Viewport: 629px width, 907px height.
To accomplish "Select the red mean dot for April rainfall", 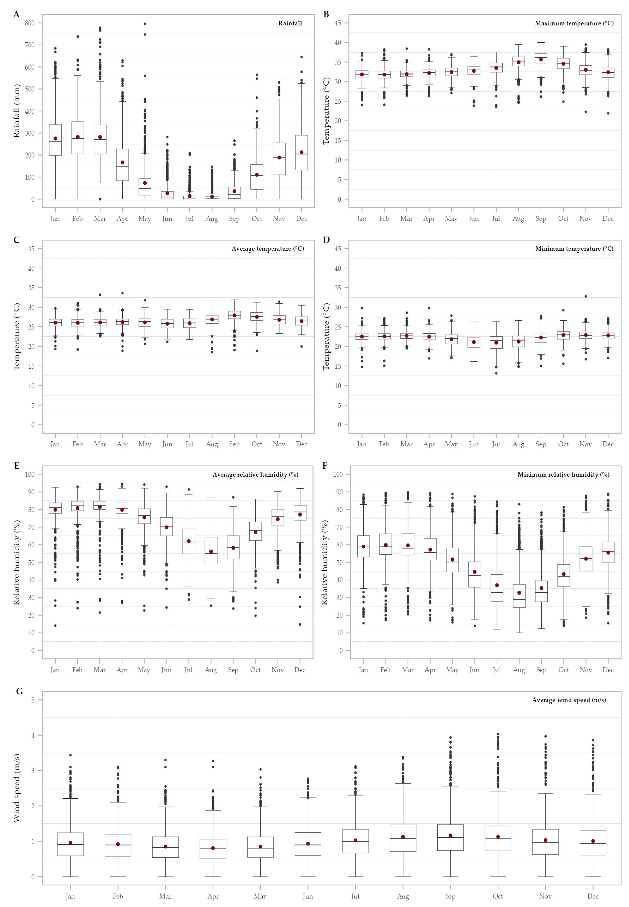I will (x=123, y=162).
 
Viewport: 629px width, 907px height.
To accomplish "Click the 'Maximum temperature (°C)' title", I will (x=574, y=23).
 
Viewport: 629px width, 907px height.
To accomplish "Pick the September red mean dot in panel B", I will (x=541, y=60).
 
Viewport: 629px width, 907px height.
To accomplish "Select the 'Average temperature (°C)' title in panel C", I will (x=268, y=249).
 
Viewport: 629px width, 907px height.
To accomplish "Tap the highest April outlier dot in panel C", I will (x=123, y=293).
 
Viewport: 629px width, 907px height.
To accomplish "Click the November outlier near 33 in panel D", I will (x=586, y=296).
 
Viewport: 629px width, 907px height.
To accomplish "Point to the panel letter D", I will (x=326, y=240).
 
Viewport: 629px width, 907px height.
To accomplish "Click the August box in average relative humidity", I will (x=211, y=551).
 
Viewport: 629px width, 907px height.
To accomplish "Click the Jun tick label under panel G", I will (x=308, y=896).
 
